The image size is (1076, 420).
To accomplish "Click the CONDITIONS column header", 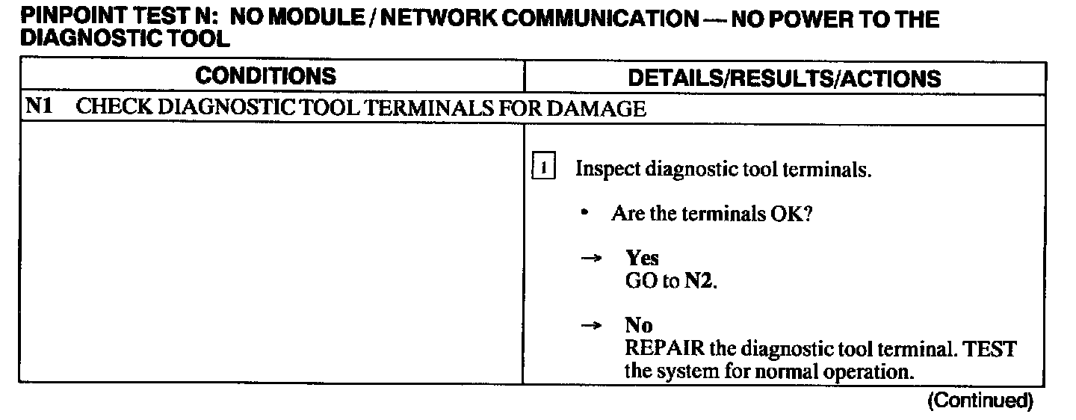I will click(x=265, y=76).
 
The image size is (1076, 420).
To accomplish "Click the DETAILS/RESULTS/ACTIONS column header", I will click(x=784, y=78).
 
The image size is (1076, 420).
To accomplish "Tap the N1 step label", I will click(x=38, y=108).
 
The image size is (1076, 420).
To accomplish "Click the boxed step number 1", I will click(x=543, y=168).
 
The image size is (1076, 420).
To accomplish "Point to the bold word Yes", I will click(x=643, y=259).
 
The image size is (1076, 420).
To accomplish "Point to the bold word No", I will click(x=639, y=326).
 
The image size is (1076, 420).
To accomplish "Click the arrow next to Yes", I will click(x=592, y=259).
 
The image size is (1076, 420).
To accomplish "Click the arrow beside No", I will click(x=592, y=326).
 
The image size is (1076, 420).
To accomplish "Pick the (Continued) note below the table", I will click(x=980, y=401).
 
